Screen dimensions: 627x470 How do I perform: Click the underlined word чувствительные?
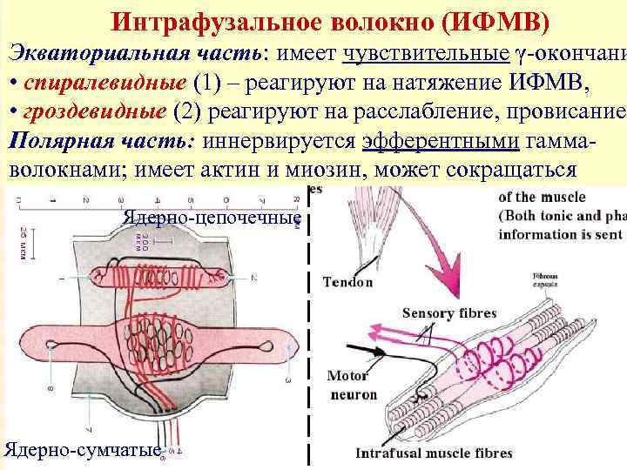(x=426, y=53)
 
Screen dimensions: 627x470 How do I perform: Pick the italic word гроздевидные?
(x=93, y=112)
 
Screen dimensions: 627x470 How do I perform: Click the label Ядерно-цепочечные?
(x=212, y=218)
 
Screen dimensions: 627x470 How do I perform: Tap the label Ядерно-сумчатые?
(x=83, y=450)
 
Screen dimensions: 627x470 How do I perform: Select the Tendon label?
(x=347, y=281)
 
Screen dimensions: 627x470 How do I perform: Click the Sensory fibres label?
(x=448, y=313)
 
